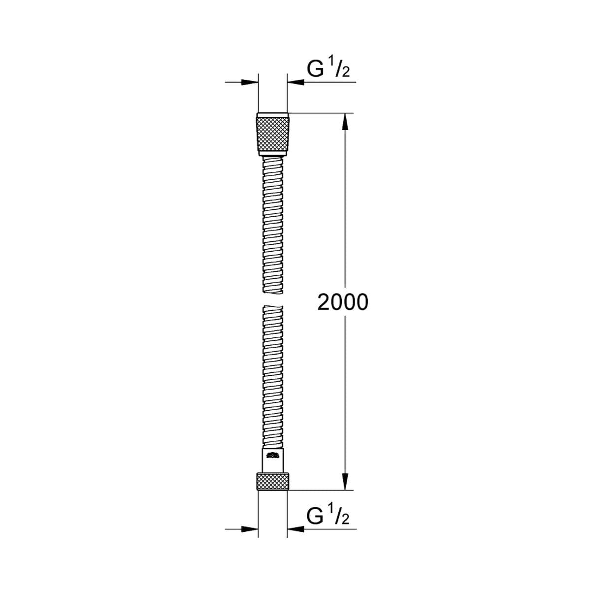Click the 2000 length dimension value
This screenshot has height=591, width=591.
pyautogui.click(x=342, y=302)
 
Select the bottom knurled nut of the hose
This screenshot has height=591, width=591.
pyautogui.click(x=273, y=481)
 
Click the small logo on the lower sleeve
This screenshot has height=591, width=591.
pyautogui.click(x=273, y=455)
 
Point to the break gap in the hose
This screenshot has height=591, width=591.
pyautogui.click(x=273, y=301)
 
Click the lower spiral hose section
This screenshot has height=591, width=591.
pyautogui.click(x=273, y=374)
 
